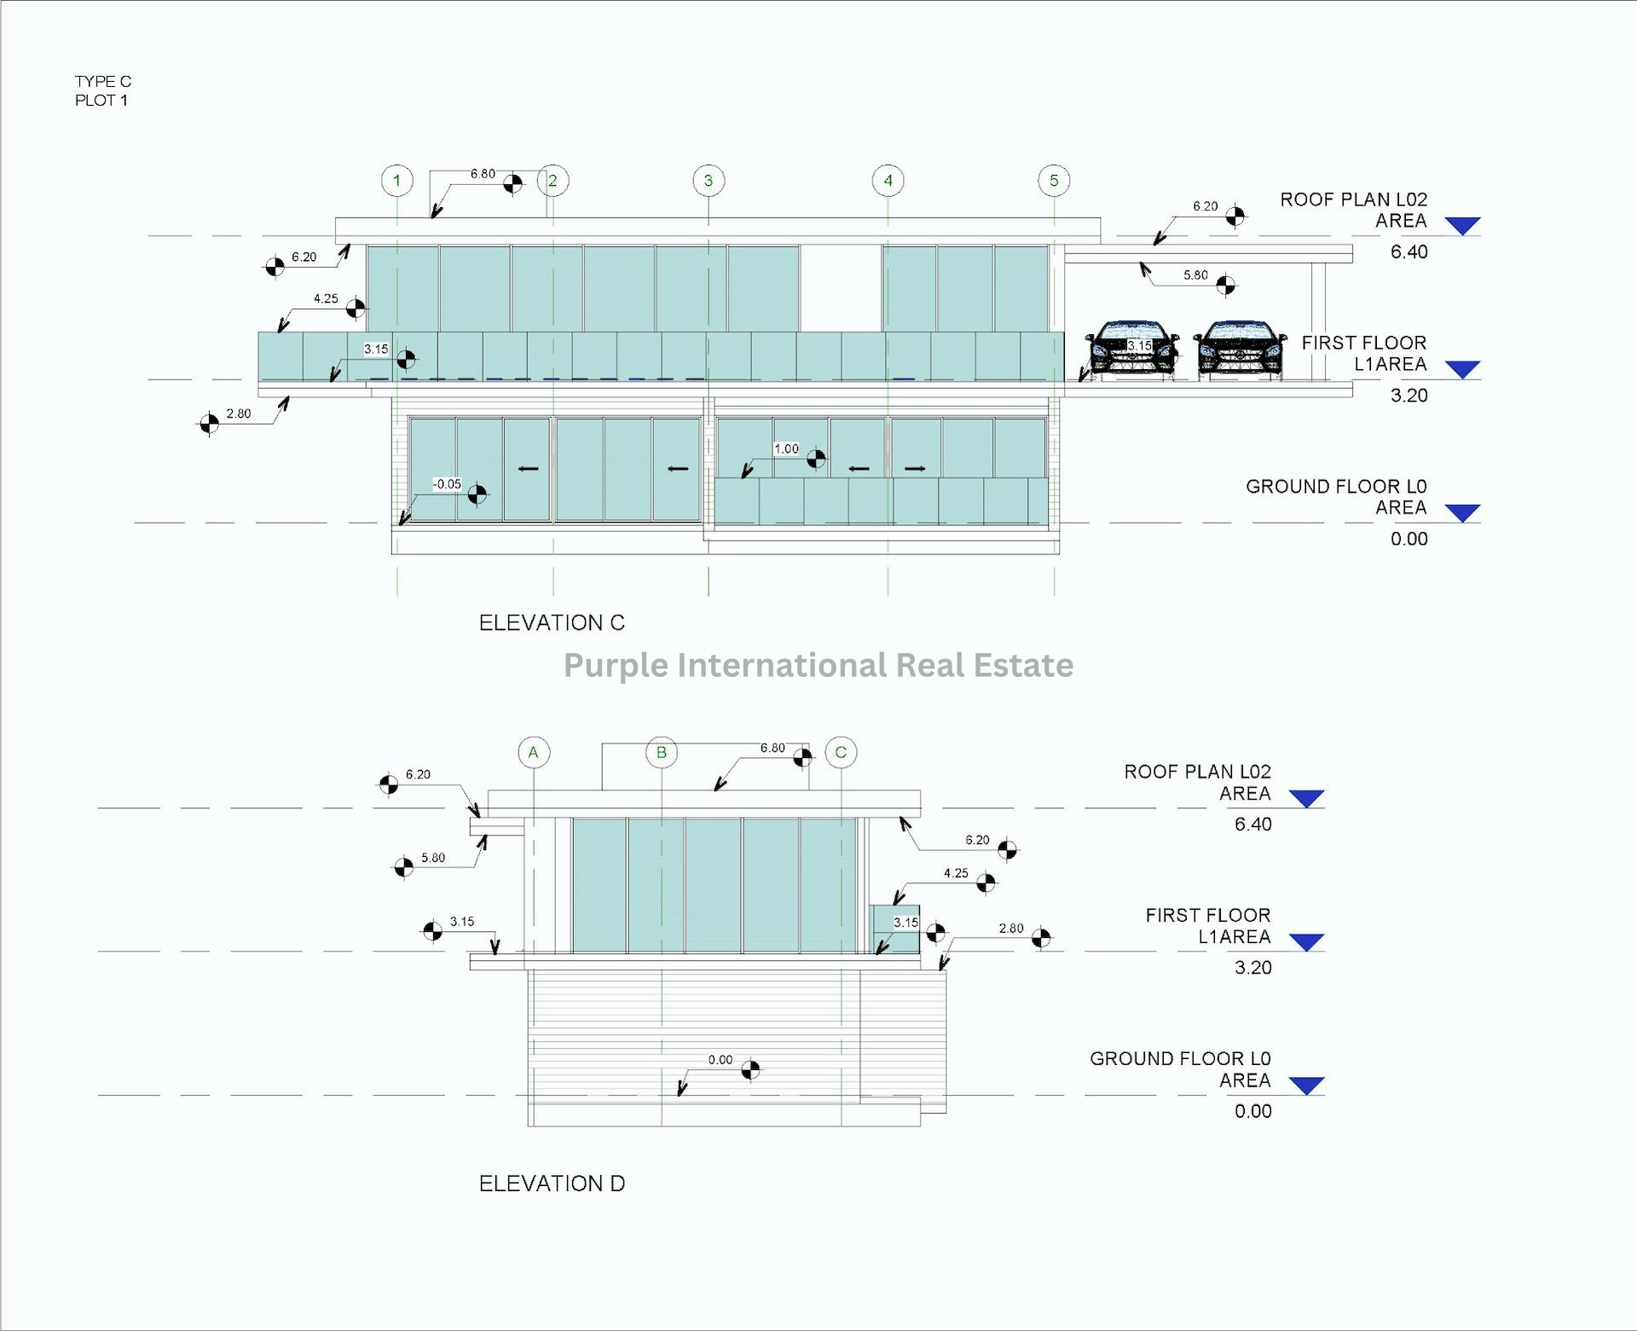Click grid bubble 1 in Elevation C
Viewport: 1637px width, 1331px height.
396,181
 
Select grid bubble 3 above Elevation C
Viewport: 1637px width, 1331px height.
709,181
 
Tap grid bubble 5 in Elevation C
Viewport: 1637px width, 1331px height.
1054,181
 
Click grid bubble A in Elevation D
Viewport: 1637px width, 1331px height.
534,752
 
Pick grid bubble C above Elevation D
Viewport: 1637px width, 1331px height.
841,752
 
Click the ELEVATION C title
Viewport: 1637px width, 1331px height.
552,623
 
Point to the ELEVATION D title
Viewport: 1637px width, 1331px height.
552,1183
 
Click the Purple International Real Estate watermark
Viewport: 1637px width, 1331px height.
818,665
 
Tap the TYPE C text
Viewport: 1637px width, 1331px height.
103,82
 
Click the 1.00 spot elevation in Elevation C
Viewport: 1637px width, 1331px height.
786,449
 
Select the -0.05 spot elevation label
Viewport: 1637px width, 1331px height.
447,484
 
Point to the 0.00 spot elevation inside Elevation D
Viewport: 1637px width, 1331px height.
720,1060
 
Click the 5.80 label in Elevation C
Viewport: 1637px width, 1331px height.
1195,275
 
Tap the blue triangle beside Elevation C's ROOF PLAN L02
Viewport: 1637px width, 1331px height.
1463,226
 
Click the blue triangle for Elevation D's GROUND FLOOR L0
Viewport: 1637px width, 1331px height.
1306,1085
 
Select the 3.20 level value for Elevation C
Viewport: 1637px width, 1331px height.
1409,396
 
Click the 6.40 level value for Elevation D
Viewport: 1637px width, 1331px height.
1252,825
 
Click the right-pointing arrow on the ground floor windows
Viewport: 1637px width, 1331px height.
915,468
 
